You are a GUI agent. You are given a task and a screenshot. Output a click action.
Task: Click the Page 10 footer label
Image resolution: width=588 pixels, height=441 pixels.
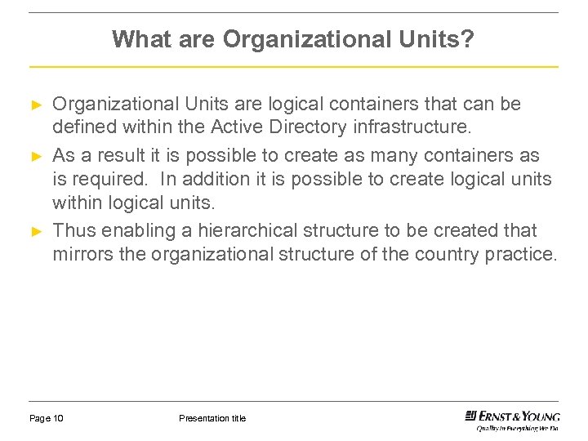click(47, 419)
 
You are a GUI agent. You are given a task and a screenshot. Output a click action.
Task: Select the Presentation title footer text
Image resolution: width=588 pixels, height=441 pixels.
click(212, 419)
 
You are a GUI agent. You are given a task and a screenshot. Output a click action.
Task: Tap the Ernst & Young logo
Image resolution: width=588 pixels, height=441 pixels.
click(511, 418)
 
